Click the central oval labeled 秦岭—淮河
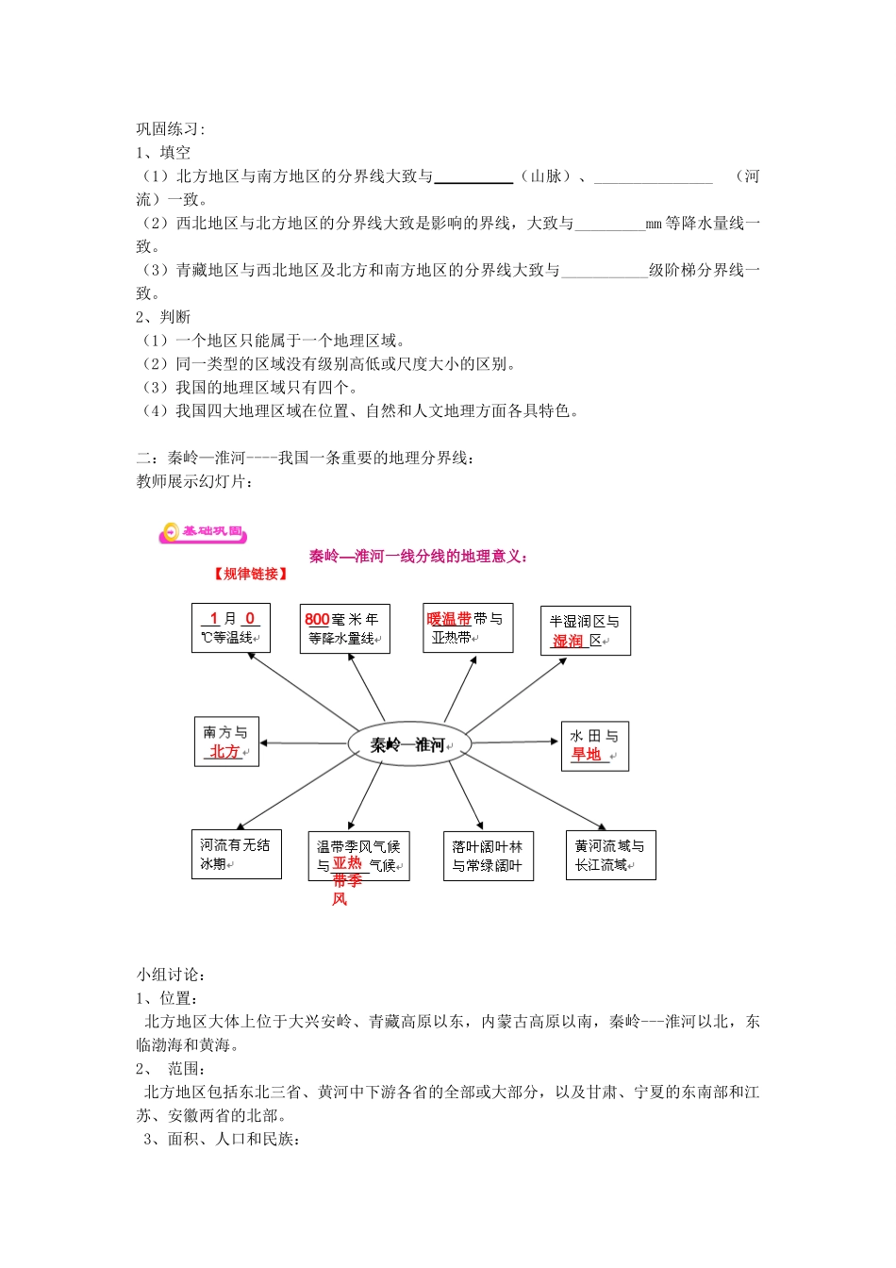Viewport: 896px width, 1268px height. coord(407,744)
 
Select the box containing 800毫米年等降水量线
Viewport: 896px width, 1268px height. coord(344,629)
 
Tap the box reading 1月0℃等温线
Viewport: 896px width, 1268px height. coord(230,628)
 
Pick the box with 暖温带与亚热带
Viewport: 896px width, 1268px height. coord(468,628)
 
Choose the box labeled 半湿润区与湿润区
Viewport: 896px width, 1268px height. coord(585,631)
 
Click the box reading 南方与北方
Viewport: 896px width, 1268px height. coord(226,742)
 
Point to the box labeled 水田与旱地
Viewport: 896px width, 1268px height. coord(594,745)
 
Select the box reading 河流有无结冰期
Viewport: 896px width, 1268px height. coord(236,855)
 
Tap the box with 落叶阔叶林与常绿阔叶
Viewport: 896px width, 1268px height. coord(488,857)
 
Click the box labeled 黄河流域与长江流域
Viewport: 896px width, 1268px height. coord(610,856)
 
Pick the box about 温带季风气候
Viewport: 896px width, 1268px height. coord(358,857)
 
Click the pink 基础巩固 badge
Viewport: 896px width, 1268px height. coord(204,533)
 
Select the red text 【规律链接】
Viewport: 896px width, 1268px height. coord(250,574)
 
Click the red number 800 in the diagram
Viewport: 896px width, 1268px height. coord(317,620)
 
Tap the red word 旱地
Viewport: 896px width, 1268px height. coord(586,755)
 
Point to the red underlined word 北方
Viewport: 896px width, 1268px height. coord(224,752)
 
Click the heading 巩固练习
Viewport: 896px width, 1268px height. coord(170,129)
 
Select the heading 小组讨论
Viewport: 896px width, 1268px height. coord(170,975)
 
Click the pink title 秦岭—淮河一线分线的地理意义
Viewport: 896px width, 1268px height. coord(418,557)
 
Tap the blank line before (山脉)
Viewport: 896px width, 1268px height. coord(473,176)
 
